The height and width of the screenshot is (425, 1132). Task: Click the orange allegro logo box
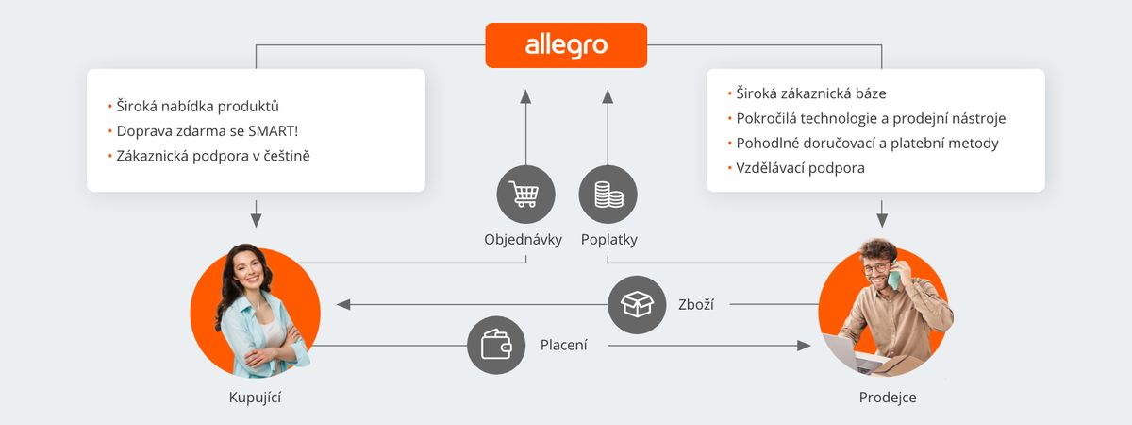point(566,45)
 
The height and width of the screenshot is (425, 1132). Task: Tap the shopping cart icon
point(525,195)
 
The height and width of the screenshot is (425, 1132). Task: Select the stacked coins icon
point(608,195)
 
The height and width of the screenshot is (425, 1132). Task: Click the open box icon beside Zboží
point(637,304)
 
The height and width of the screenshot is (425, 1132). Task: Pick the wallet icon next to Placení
point(496,346)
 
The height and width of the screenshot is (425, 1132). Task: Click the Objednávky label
point(523,239)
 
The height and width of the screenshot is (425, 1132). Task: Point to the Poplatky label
point(609,239)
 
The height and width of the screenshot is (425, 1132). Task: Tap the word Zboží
point(696,304)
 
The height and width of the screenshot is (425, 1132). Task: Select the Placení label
point(563,345)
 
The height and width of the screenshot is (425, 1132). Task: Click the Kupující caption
point(255,398)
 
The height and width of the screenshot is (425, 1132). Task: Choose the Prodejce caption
point(888,398)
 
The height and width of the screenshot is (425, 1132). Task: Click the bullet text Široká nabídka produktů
point(197,106)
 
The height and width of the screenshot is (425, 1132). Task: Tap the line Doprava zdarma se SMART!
point(208,131)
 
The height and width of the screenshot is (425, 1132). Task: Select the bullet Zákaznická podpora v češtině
point(213,156)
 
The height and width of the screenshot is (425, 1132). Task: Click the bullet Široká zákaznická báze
point(810,93)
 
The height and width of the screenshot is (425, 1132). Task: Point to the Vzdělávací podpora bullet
point(800,168)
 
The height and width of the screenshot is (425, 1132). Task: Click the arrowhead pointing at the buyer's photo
point(343,304)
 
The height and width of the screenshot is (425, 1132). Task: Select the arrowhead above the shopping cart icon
point(525,96)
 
